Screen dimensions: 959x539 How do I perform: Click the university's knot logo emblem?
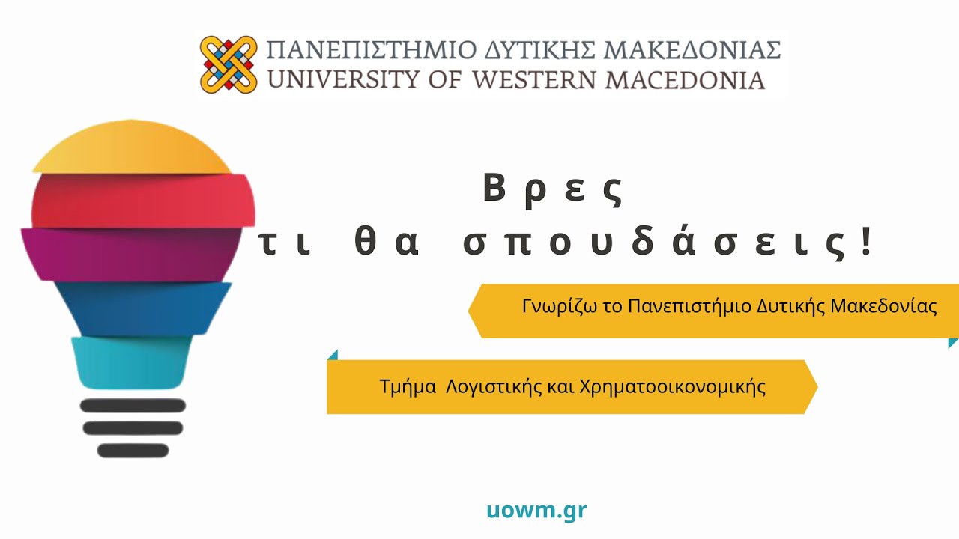(x=229, y=64)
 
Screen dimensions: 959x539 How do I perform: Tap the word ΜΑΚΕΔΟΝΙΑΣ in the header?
(x=692, y=50)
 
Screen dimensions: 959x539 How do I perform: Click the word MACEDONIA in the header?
(x=685, y=79)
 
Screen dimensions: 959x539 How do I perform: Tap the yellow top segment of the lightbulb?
(x=132, y=147)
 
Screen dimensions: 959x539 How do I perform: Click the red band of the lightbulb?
(x=143, y=200)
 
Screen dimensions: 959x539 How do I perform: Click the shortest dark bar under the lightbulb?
(x=133, y=451)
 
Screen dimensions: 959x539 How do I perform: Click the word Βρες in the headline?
(x=553, y=190)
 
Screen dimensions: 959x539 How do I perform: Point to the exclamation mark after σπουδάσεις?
(x=867, y=241)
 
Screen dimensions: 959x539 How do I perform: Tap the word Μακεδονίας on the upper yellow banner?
(x=883, y=306)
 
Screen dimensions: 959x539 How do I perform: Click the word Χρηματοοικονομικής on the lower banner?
(x=673, y=387)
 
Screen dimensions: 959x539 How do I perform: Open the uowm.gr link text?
(x=537, y=511)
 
